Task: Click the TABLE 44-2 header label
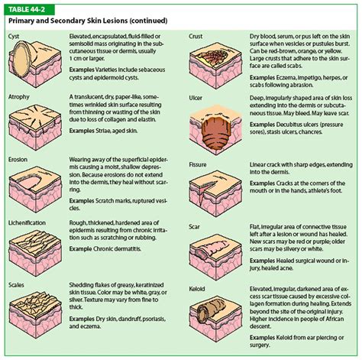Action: (x=27, y=8)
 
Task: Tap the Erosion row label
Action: (x=18, y=160)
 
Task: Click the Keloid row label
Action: (x=199, y=289)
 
